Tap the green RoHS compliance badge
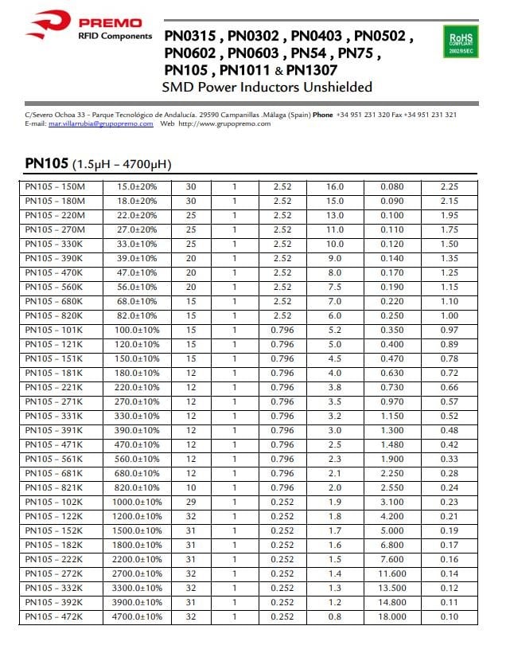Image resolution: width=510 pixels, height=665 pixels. pos(460,41)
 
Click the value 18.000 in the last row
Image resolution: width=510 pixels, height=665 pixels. pos(391,616)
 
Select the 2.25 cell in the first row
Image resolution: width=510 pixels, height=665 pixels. pos(450,187)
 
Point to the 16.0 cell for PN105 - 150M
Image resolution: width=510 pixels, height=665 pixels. pos(336,187)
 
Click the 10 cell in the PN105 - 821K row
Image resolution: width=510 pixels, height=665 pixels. pos(191,487)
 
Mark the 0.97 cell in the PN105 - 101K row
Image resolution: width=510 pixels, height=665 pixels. pos(450,329)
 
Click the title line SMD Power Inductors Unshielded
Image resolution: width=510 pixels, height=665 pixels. pos(267,87)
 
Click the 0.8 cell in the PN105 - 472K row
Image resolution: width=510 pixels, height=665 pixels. pos(336,616)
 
